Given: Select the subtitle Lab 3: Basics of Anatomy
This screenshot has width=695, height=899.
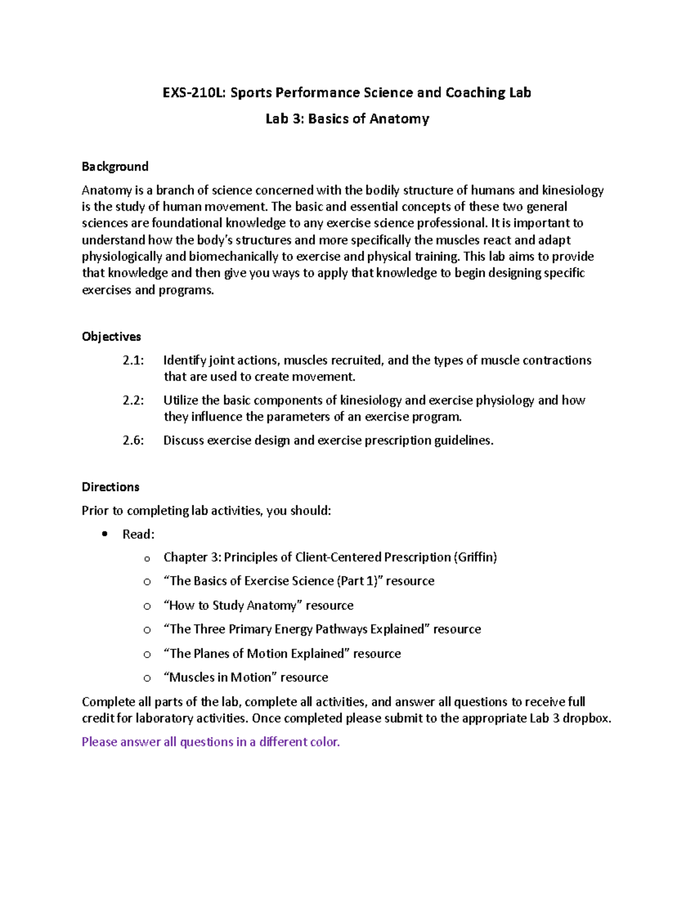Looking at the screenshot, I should point(347,119).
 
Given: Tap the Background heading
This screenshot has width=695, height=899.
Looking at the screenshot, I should point(115,167).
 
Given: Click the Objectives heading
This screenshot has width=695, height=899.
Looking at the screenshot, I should point(111,336).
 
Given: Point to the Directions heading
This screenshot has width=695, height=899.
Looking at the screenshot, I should point(110,487).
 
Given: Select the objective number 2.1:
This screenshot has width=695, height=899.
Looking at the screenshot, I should point(133,360).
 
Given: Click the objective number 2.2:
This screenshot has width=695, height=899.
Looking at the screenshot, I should point(133,400).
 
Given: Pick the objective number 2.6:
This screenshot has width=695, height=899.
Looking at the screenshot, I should point(133,440).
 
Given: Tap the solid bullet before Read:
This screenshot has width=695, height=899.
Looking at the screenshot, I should point(105,534).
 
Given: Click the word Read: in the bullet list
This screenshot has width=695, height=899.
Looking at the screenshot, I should point(138,534).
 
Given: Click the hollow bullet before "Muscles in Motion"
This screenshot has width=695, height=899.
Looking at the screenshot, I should point(147,678).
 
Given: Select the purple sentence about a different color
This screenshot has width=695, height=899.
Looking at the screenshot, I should point(210,742).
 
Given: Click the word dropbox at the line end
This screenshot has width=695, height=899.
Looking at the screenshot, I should point(586,718).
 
